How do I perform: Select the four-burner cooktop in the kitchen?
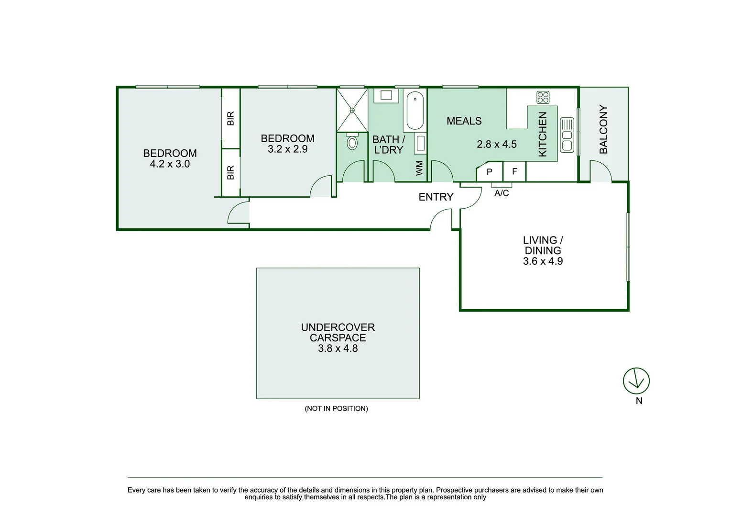543,97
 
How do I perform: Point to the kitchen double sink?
567,135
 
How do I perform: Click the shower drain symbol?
352,111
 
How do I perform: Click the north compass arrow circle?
636,381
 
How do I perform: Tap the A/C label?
502,193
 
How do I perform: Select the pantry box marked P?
490,171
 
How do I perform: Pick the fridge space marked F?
514,171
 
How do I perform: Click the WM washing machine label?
419,168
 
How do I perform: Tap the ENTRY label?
436,197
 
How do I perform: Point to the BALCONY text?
603,129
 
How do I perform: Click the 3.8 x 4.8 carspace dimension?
338,348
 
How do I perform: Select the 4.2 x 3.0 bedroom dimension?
170,164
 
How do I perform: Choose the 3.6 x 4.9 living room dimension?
543,261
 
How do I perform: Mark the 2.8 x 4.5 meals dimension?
497,144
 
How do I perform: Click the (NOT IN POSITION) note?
337,408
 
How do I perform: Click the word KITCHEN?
542,135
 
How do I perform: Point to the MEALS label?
464,121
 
